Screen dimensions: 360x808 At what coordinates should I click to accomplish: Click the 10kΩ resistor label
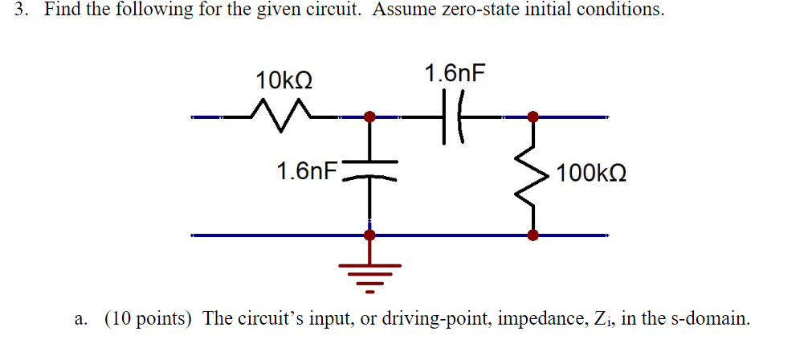click(x=284, y=80)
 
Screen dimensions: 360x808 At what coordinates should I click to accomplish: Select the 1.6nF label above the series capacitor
click(x=455, y=74)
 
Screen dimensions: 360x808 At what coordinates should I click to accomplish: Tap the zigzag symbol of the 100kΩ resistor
click(x=532, y=176)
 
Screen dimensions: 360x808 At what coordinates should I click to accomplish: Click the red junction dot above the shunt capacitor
click(x=369, y=117)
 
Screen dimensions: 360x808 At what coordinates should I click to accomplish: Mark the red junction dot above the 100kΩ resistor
click(x=532, y=117)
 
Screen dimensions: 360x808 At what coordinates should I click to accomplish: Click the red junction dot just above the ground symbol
click(x=369, y=235)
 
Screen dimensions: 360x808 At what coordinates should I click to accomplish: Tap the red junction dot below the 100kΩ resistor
click(x=532, y=235)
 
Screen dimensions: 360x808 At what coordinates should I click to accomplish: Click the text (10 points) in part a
click(x=148, y=318)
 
